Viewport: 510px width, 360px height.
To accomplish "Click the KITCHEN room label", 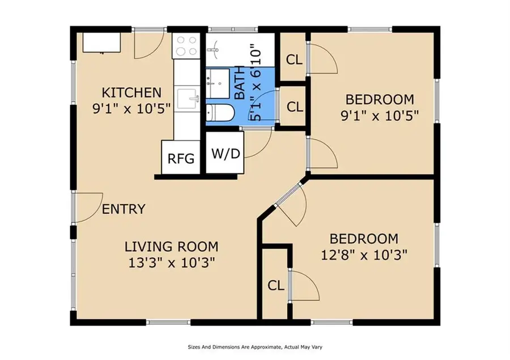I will (x=131, y=92).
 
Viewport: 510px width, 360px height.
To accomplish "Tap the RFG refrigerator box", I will (x=181, y=158).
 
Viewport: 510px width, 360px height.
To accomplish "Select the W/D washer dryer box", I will (x=225, y=153).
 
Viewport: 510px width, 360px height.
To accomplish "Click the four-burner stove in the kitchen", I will (x=187, y=45).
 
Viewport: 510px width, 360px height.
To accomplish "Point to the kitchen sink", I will (x=187, y=100).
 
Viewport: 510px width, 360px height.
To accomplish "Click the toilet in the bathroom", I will (x=218, y=113).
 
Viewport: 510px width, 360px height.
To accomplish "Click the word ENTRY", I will (x=124, y=209).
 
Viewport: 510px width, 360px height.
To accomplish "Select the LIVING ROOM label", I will (x=171, y=247).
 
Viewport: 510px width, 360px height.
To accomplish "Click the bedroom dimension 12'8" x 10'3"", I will (x=365, y=253).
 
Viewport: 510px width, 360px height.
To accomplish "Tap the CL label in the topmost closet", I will (x=294, y=59).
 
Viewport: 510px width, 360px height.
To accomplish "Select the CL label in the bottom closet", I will (x=276, y=286).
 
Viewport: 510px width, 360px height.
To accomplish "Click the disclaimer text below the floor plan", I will (x=254, y=346).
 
